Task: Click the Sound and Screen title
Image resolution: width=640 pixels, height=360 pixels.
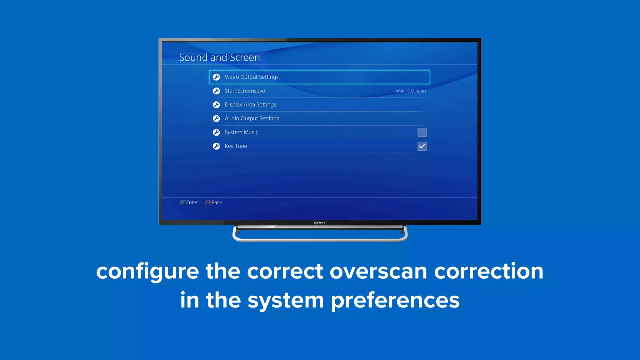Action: [219, 57]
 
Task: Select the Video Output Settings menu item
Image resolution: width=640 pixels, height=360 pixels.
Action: [252, 77]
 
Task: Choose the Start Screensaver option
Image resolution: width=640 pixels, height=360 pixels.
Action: [246, 91]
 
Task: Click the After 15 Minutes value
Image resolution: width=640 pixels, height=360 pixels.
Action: [410, 91]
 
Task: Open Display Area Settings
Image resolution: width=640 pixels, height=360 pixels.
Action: [250, 105]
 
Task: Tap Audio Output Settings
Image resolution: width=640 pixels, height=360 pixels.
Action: [252, 118]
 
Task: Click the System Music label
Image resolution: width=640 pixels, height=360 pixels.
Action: [241, 132]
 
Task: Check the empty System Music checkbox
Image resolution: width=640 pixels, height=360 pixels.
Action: [422, 132]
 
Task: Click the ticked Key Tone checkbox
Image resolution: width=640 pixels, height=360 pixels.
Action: [422, 146]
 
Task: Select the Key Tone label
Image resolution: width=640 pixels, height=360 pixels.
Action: [236, 146]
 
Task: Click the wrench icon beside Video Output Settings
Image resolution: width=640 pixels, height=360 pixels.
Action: [216, 77]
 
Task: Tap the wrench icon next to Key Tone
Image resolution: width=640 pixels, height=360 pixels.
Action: [216, 146]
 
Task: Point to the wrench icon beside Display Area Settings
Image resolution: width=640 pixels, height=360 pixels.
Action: [216, 105]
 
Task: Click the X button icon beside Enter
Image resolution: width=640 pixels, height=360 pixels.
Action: [183, 202]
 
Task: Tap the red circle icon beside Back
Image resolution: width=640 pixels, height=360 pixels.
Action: [208, 202]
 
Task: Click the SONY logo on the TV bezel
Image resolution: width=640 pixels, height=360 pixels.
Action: [320, 223]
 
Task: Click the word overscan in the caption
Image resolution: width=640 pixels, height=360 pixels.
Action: [378, 271]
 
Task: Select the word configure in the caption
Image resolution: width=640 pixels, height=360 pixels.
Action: [147, 271]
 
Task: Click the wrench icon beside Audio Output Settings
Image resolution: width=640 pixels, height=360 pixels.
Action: [216, 118]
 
